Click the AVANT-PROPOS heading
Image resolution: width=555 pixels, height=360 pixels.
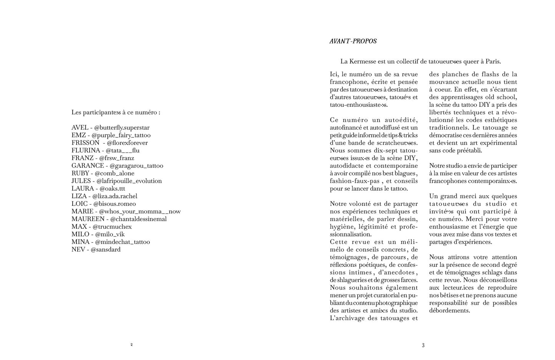click(x=353, y=41)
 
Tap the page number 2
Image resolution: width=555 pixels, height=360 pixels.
click(x=131, y=345)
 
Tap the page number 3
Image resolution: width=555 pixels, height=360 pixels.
click(x=423, y=345)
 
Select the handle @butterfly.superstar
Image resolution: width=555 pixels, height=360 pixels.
click(x=122, y=128)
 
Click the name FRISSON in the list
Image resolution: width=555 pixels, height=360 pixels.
click(x=85, y=143)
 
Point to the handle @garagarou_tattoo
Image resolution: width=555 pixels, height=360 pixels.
click(x=136, y=166)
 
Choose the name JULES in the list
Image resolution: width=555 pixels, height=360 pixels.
click(x=81, y=181)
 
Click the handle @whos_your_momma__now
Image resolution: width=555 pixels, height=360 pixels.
click(x=140, y=211)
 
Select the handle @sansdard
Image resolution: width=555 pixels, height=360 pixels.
click(x=106, y=249)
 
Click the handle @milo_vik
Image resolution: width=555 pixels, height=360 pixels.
click(x=110, y=234)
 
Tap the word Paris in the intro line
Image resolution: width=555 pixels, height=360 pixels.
click(x=493, y=61)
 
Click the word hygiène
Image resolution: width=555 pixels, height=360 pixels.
click(x=341, y=226)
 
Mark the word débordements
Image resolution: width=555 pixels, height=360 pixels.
click(x=449, y=310)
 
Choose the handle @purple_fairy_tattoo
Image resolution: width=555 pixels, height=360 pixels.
click(x=121, y=135)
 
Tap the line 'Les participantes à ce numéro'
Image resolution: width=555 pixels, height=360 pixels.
click(x=116, y=112)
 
